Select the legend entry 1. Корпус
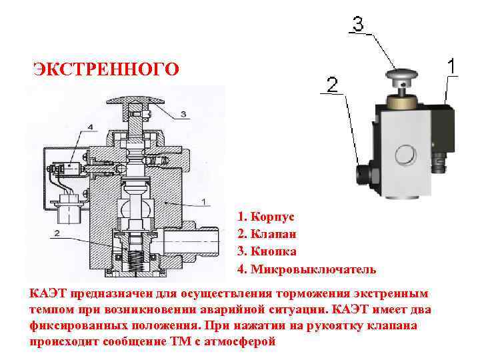pyautogui.click(x=265, y=217)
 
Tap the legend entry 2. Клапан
pyautogui.click(x=267, y=235)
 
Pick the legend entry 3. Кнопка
pyautogui.click(x=267, y=252)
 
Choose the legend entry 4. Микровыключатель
pyautogui.click(x=307, y=270)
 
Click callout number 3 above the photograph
pyautogui.click(x=357, y=25)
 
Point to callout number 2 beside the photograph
pyautogui.click(x=332, y=85)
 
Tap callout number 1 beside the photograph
pyautogui.click(x=451, y=67)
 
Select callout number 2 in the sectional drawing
pyautogui.click(x=58, y=233)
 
